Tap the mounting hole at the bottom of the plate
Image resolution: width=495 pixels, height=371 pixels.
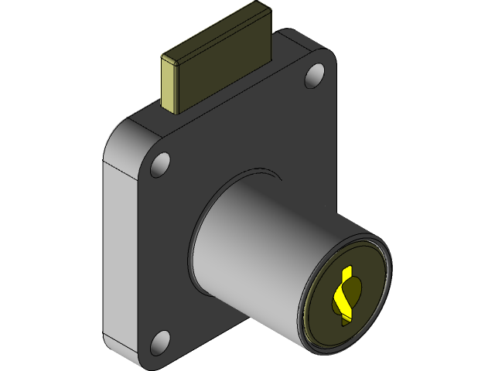click(160, 340)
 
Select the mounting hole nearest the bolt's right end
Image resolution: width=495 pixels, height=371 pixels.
click(314, 75)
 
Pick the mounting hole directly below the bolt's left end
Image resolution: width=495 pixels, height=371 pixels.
click(160, 165)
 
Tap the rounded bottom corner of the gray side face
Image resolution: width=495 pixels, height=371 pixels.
click(112, 340)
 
